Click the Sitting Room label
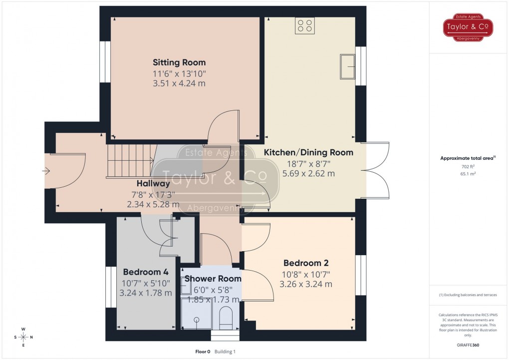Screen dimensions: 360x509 click(x=179, y=62)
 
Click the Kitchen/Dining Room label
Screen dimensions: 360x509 click(x=308, y=152)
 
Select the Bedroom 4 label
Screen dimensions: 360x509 click(x=146, y=272)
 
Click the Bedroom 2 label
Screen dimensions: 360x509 click(x=305, y=263)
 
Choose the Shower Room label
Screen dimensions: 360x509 click(x=213, y=279)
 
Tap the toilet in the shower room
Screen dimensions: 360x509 click(x=226, y=318)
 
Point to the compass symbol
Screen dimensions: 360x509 click(x=23, y=337)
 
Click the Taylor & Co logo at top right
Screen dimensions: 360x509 click(x=469, y=27)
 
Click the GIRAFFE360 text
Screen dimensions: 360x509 click(x=468, y=345)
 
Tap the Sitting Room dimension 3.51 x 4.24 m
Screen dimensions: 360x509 click(x=179, y=83)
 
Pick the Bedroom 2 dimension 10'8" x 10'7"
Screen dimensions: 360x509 click(x=306, y=274)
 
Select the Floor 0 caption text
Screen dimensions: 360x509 click(x=203, y=352)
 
